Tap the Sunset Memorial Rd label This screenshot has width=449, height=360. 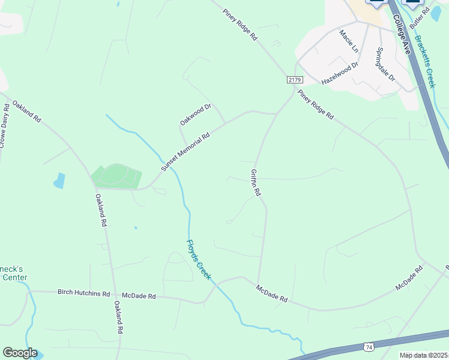(185, 152)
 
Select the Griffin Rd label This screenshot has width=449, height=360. (256, 182)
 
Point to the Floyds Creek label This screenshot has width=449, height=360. (199, 259)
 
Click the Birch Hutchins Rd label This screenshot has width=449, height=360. (84, 294)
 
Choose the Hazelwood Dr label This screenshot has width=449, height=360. (340, 73)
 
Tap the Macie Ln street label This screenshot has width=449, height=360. (349, 40)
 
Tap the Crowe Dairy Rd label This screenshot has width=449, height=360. (4, 125)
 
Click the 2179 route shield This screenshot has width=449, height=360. (294, 80)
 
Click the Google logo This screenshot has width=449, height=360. (19, 353)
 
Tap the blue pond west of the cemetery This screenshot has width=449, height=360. (59, 180)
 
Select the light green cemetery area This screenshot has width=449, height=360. (116, 176)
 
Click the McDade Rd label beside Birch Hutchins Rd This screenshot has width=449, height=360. (139, 296)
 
